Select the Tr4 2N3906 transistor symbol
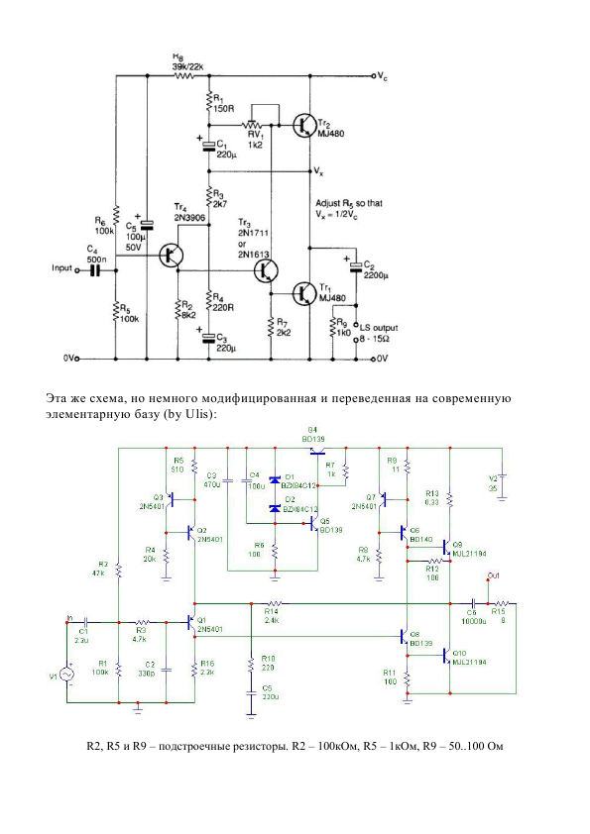point(173,256)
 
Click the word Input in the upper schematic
point(63,267)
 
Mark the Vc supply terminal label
point(383,75)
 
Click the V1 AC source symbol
point(67,675)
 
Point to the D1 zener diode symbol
point(275,480)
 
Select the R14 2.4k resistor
point(273,602)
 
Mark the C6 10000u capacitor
point(473,602)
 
